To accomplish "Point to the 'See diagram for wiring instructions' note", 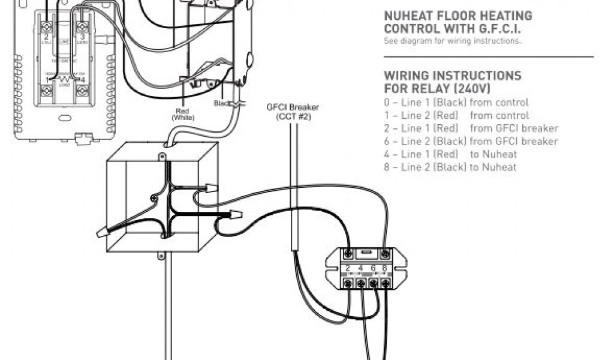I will pos(453,41).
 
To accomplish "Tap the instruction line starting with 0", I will pos(456,103).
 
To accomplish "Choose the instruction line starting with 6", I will pos(471,142).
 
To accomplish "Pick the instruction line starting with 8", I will pos(450,167).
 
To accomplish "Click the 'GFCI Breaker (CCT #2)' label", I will pos(293,112).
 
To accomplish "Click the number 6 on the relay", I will pos(373,269).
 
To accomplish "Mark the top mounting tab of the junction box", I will pos(161,157).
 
